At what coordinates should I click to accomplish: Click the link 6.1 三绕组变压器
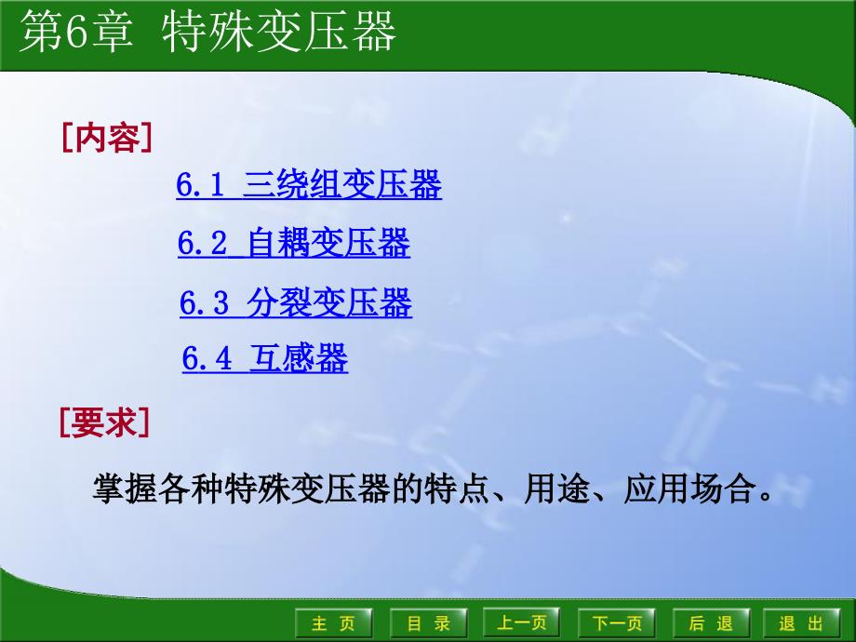(x=309, y=184)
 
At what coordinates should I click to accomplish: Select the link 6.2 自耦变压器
(x=294, y=243)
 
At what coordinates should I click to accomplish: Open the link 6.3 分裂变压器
(x=296, y=303)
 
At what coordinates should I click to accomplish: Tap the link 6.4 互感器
(x=265, y=358)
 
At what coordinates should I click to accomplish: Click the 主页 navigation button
(x=333, y=622)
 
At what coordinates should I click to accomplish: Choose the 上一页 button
(x=521, y=622)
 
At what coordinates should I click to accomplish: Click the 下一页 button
(x=617, y=622)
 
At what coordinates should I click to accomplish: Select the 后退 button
(x=712, y=622)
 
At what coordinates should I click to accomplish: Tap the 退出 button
(x=801, y=622)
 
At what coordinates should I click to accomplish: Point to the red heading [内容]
(x=107, y=138)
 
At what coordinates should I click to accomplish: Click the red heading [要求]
(x=104, y=422)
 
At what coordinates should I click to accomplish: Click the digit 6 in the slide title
(x=77, y=33)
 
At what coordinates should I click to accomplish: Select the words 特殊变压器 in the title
(x=278, y=33)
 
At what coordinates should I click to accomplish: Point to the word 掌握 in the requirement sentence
(x=125, y=488)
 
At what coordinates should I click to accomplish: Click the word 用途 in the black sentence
(x=556, y=488)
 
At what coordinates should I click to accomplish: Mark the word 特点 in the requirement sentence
(x=457, y=488)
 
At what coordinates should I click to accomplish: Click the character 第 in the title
(x=41, y=33)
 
